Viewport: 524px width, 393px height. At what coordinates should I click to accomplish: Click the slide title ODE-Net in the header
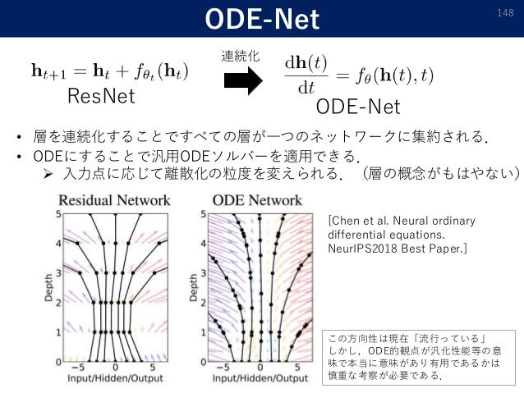(262, 18)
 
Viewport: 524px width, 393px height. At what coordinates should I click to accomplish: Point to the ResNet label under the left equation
(101, 96)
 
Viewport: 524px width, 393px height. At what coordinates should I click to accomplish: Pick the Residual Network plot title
(115, 199)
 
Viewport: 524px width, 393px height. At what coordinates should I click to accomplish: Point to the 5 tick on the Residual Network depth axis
(58, 213)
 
